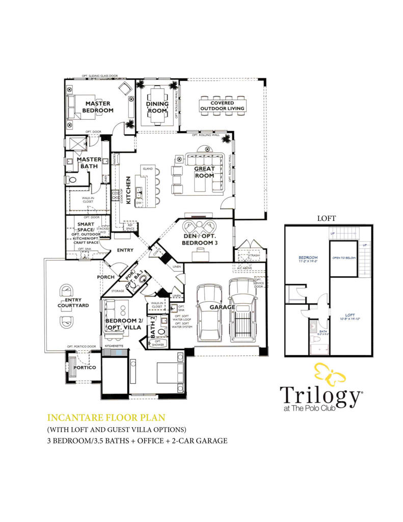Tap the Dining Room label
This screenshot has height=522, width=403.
tap(157, 107)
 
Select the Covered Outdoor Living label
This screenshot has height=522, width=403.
tap(222, 105)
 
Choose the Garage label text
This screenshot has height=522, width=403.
tap(222, 307)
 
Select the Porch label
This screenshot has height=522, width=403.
tap(106, 277)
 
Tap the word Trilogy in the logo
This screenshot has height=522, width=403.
tap(319, 396)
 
